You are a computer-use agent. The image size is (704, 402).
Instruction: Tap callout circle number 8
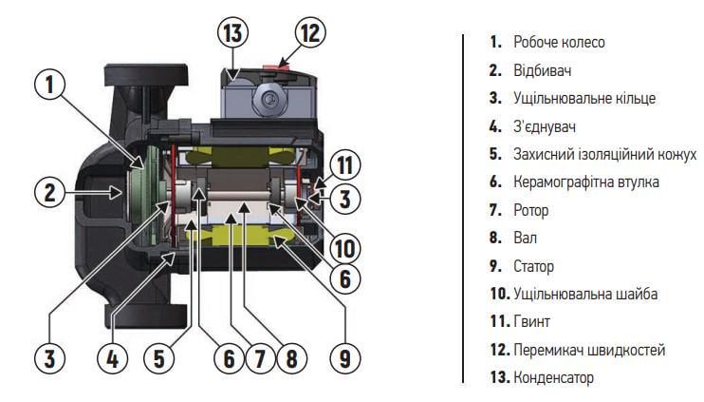[290, 357]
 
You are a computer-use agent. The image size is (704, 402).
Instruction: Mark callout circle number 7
[259, 357]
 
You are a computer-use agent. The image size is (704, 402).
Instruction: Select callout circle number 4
[113, 357]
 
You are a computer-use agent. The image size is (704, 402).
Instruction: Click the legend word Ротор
[530, 210]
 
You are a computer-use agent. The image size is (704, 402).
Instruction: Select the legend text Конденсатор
[553, 377]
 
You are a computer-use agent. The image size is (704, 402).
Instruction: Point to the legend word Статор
[533, 266]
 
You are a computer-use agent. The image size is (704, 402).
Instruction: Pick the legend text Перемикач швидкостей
[588, 350]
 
